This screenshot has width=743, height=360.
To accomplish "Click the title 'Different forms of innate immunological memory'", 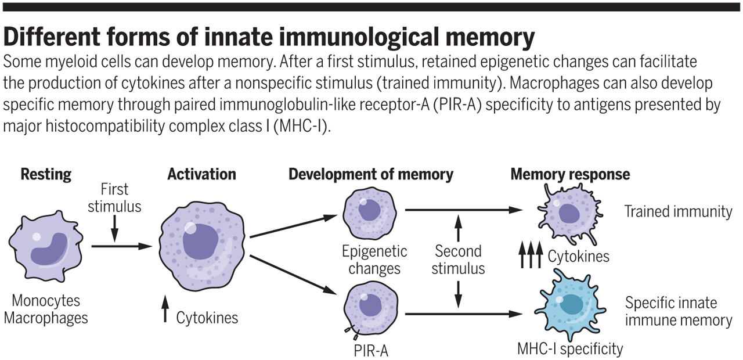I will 268,38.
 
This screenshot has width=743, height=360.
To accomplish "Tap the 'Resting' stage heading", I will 46,174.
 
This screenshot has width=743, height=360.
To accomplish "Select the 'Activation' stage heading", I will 201,174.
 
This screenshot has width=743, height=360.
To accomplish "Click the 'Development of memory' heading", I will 370,174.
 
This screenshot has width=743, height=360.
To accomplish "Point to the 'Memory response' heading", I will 569,174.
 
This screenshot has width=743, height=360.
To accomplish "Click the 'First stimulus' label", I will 114,197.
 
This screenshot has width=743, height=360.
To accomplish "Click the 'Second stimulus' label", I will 458,260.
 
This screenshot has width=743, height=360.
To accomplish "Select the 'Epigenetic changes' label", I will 374,260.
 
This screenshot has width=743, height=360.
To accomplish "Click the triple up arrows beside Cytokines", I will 531,255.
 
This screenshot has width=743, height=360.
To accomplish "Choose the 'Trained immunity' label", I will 678,211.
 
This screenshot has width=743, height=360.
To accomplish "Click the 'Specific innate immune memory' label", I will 678,311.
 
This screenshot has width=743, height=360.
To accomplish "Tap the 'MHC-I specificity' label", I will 569,348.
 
